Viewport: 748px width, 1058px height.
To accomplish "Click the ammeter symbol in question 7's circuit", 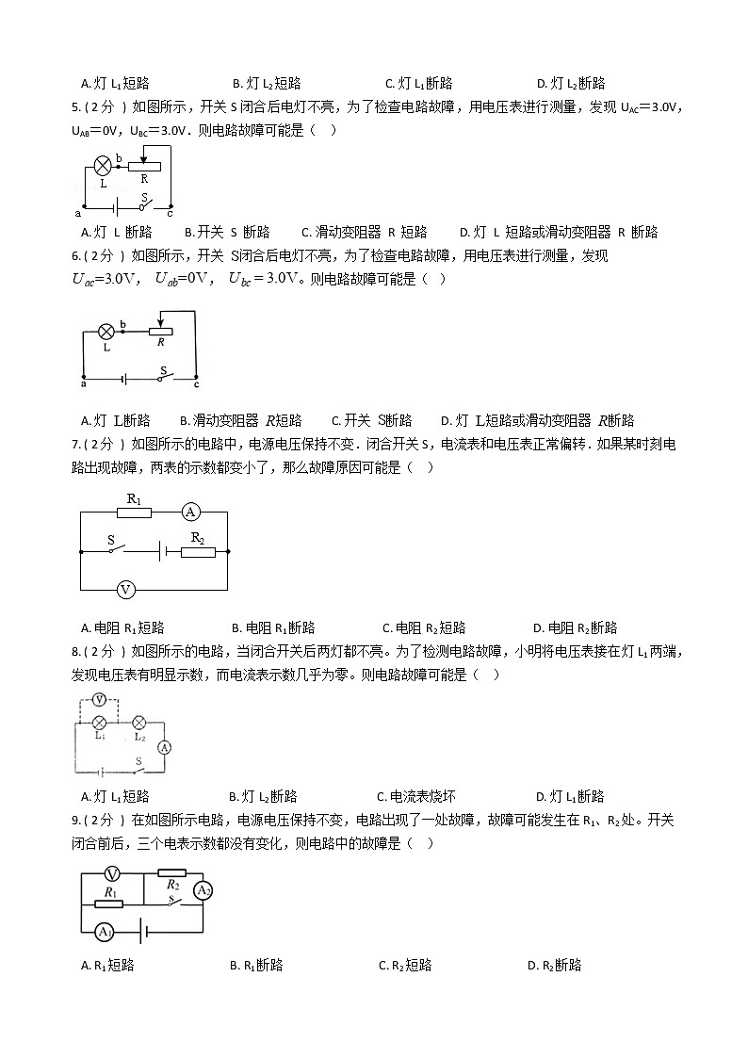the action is (x=191, y=512).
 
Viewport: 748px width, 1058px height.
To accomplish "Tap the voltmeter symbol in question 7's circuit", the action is (x=125, y=590).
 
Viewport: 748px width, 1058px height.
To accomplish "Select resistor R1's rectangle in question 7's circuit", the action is (x=134, y=512).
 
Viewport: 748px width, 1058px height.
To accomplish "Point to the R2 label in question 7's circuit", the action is (x=198, y=536).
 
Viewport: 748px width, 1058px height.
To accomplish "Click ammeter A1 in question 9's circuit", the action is (x=103, y=932).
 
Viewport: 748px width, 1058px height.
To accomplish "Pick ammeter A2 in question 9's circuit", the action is (x=202, y=890).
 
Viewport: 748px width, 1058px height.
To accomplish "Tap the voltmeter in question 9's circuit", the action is (x=112, y=874).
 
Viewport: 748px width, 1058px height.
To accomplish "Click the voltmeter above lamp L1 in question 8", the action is (x=98, y=701).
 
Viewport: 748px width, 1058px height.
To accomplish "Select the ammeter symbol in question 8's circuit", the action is (x=163, y=747).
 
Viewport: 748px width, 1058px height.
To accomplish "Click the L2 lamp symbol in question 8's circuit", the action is (x=138, y=723).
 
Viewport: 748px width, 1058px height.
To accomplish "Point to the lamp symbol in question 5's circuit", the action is (x=103, y=167).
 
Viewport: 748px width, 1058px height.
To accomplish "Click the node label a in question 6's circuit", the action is (x=84, y=383).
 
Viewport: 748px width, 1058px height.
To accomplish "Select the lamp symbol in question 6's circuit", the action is (x=106, y=331).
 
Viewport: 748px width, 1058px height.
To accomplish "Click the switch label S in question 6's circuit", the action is (x=163, y=370).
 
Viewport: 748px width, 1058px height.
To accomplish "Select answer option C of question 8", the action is (x=411, y=796).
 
